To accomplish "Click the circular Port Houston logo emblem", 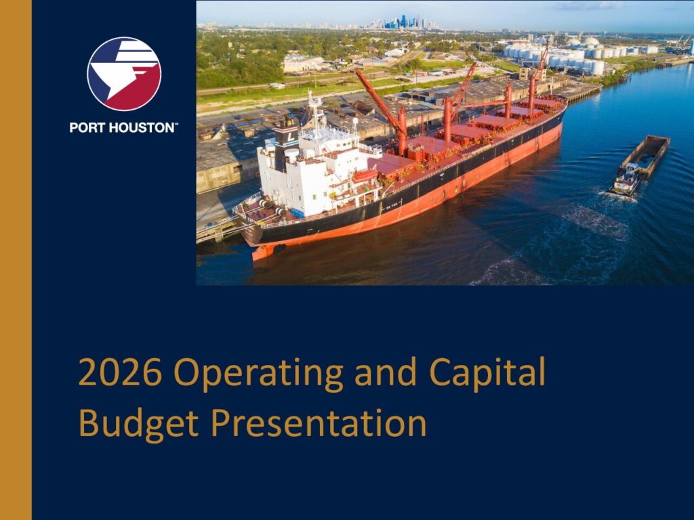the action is click(124, 74).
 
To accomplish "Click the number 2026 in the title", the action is click(121, 372).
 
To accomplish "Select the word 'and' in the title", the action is click(386, 372).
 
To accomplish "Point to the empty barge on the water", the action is click(647, 156).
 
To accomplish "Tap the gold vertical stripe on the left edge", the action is click(16, 260).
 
